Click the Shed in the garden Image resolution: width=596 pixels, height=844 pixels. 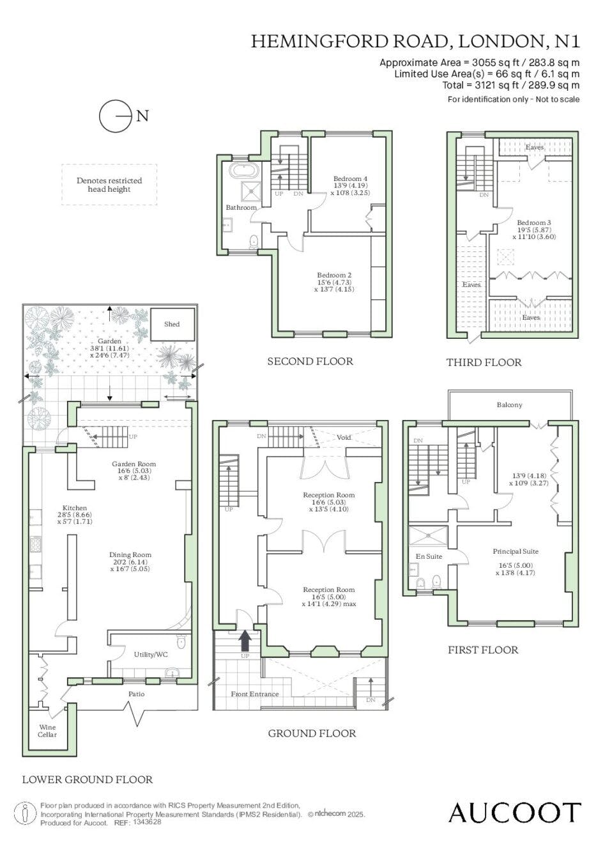tap(172, 324)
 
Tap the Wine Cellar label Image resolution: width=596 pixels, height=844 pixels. tap(47, 731)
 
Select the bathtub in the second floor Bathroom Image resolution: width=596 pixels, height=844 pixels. tap(245, 171)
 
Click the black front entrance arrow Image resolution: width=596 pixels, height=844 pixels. tap(245, 640)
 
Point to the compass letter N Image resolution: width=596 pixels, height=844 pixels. tap(142, 116)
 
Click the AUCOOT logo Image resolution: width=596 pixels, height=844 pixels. tap(514, 812)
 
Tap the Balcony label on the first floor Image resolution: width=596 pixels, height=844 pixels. tap(509, 405)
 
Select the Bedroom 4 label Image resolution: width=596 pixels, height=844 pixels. tap(350, 178)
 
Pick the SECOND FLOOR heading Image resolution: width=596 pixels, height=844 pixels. tap(310, 361)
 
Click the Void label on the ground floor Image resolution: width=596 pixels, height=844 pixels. tap(344, 437)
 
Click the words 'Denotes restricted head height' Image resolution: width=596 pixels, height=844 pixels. tap(109, 185)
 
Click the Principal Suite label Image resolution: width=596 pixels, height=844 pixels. tap(516, 552)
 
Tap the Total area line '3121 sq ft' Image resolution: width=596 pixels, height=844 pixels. tap(511, 85)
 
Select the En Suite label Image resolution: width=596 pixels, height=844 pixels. tap(429, 556)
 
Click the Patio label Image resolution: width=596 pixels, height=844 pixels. tap(136, 694)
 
